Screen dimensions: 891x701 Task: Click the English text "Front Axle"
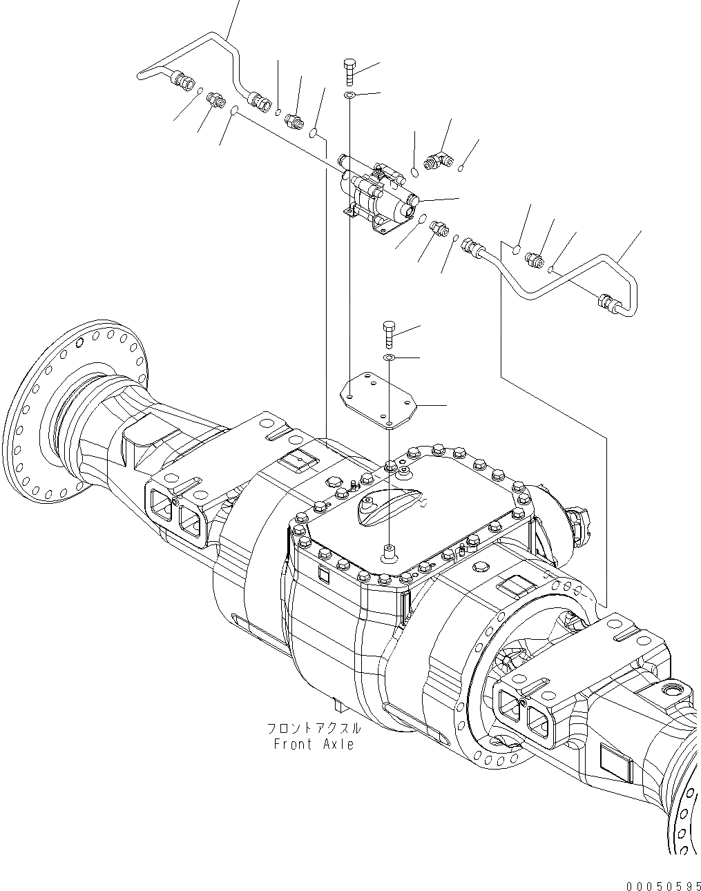[x=314, y=744]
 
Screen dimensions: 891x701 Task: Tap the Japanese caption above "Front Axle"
[x=314, y=729]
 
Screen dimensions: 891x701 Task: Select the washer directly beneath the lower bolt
[x=390, y=358]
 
